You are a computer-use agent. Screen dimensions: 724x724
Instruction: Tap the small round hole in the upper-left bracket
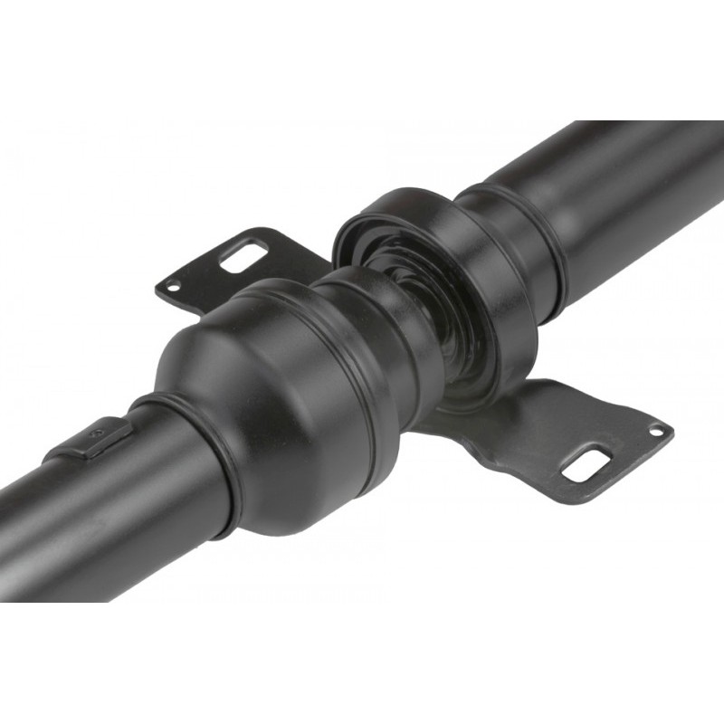tap(172, 288)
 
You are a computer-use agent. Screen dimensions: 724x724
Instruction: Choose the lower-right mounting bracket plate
tap(561, 434)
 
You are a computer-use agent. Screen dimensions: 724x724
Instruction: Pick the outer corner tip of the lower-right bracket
tap(672, 427)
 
